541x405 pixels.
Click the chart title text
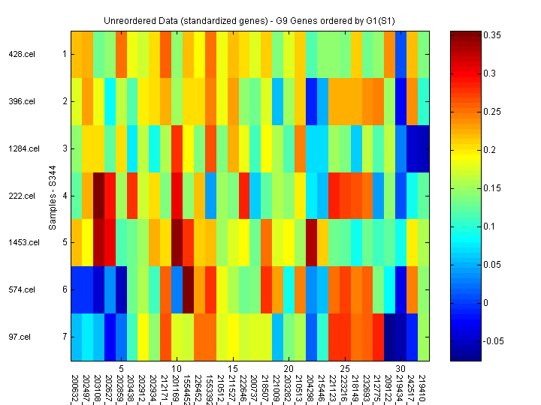(x=251, y=19)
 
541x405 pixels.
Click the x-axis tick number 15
(x=233, y=369)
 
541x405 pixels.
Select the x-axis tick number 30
(x=401, y=369)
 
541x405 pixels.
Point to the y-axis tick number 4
(x=65, y=196)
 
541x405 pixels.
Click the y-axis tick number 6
(x=65, y=289)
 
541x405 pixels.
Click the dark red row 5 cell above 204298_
(x=311, y=243)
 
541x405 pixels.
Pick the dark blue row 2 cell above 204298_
(x=311, y=101)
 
